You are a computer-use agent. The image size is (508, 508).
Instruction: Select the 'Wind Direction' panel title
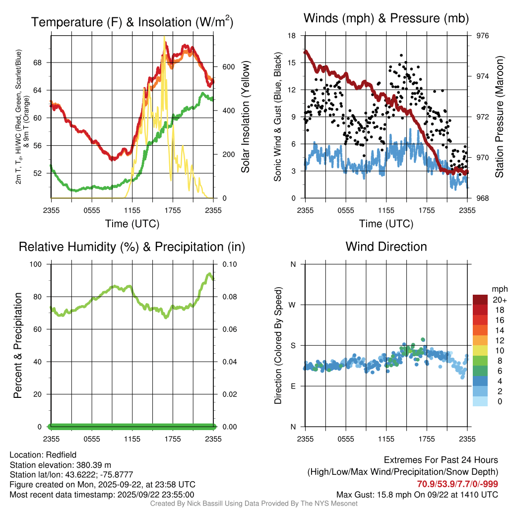point(386,246)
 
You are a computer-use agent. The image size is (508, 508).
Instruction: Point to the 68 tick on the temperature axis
point(43,63)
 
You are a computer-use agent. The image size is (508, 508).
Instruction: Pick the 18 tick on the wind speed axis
point(292,36)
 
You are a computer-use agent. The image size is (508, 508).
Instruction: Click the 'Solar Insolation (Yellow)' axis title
point(245,117)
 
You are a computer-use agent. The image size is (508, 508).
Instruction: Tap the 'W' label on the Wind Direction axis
point(293,305)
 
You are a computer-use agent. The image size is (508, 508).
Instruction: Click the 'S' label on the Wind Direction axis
point(293,345)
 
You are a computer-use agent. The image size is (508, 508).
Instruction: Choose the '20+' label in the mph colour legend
point(499,300)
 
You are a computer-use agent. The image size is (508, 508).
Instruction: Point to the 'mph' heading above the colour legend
point(499,289)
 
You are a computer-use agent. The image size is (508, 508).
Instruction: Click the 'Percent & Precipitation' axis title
point(18,345)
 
